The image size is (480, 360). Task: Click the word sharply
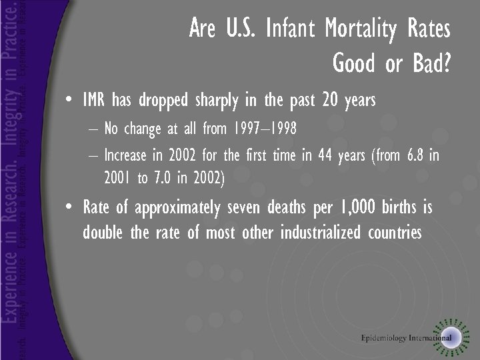pyautogui.click(x=217, y=101)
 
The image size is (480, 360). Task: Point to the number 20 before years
pyautogui.click(x=330, y=101)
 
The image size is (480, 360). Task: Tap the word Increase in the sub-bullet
pyautogui.click(x=127, y=156)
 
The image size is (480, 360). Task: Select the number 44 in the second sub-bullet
pyautogui.click(x=326, y=156)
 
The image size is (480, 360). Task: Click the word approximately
pyautogui.click(x=177, y=208)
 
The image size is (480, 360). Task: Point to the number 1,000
pyautogui.click(x=359, y=207)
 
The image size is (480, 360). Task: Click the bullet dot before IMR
pyautogui.click(x=71, y=102)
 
